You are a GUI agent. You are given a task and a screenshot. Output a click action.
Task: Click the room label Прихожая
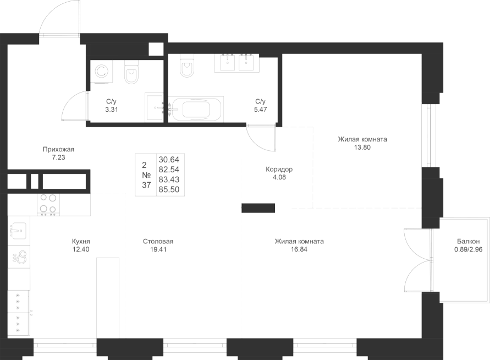58,149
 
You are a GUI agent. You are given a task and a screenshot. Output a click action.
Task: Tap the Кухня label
80,241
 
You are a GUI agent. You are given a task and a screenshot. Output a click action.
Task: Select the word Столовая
158,241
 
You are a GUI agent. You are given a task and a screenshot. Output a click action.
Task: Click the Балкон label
468,241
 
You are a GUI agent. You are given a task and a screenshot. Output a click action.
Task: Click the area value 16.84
299,249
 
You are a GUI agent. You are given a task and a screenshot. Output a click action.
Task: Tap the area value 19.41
158,249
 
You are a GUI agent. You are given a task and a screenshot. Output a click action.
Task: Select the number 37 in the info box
146,185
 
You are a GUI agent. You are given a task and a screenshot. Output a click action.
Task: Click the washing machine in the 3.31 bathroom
102,72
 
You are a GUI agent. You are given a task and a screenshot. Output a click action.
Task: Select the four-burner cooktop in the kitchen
48,204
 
